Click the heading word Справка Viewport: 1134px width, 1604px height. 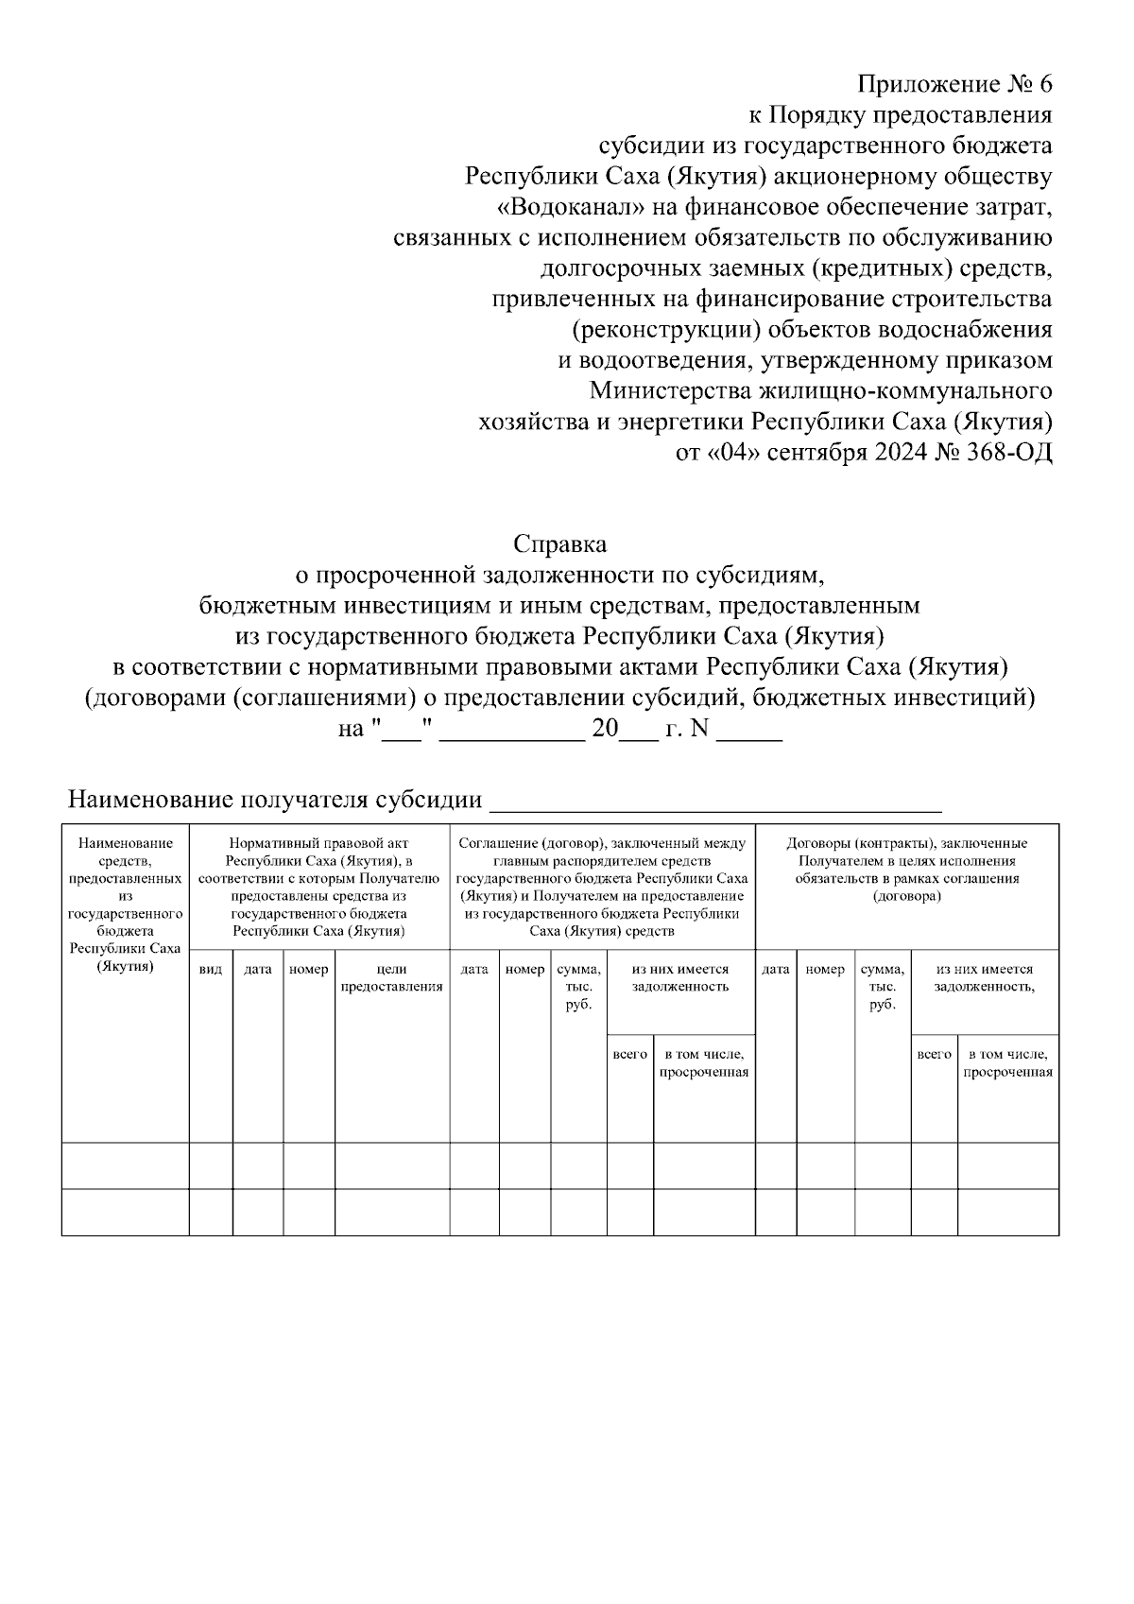(559, 544)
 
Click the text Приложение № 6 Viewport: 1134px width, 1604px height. (954, 84)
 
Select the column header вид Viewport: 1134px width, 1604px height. (211, 969)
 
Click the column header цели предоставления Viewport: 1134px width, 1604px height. (391, 977)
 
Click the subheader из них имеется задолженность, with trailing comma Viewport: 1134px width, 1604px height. (984, 977)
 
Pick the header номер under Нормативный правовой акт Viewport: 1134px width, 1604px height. (308, 969)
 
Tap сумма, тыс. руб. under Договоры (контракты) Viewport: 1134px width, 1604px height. (882, 986)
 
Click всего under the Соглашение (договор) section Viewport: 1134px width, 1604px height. (629, 1054)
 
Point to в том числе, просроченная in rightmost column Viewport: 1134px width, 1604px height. (1007, 1062)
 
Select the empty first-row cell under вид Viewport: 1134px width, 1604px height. (211, 1164)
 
